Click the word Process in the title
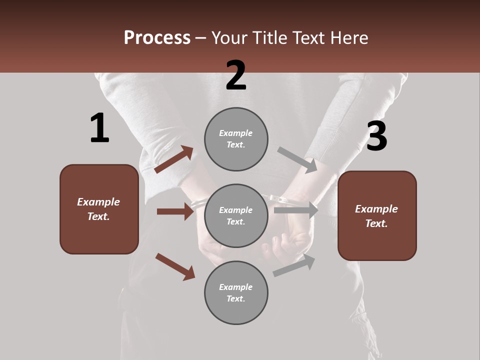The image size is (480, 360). pos(157,38)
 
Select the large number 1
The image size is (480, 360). pos(99,128)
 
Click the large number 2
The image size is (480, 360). pos(236,75)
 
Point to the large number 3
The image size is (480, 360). pos(376,136)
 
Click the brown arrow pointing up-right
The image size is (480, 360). pos(174,159)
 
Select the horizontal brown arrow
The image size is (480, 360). pos(175,211)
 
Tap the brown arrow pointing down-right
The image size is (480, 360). pos(175,266)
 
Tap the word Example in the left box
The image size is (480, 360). pos(98,202)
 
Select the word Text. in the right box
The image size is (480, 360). pos(376,223)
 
